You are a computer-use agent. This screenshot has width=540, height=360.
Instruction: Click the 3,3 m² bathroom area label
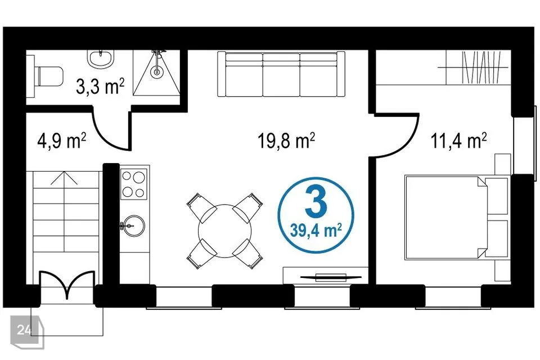[100, 87]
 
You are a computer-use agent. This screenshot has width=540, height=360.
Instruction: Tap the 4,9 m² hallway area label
[62, 141]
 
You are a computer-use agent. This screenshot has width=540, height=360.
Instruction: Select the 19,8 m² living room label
[286, 141]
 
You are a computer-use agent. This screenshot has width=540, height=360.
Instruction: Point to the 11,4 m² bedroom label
[459, 141]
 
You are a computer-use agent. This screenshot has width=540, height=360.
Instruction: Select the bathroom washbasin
[101, 59]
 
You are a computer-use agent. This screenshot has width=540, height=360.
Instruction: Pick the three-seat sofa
[281, 74]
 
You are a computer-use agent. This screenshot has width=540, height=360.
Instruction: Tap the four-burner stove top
[134, 184]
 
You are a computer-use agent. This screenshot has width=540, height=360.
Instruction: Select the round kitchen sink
[134, 226]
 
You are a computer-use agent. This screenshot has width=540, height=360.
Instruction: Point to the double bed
[457, 218]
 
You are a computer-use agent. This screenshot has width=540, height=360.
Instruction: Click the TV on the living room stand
[330, 277]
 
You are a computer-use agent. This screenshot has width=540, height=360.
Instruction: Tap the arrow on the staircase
[64, 179]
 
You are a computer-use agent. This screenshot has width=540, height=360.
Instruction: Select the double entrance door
[67, 285]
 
